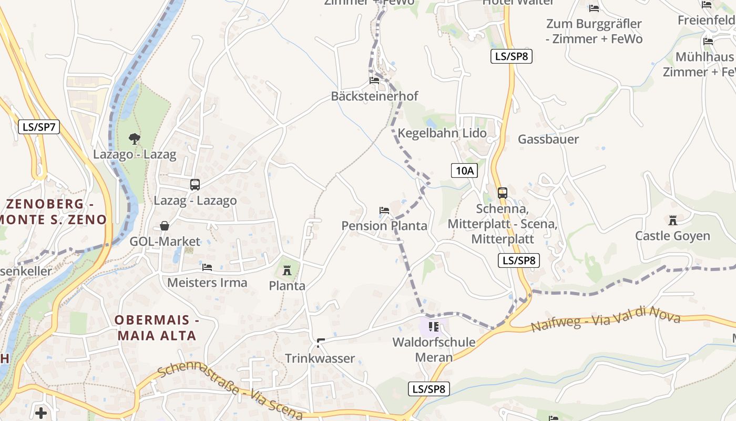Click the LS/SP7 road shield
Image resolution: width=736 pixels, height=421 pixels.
(x=39, y=127)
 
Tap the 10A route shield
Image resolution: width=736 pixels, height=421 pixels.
(x=464, y=171)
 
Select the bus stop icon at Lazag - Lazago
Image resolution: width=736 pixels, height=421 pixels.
(x=195, y=185)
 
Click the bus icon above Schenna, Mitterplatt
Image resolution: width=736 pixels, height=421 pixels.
(x=503, y=193)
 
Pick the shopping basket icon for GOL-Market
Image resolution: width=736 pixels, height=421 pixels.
(x=165, y=226)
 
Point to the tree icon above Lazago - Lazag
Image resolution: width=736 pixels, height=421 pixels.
(x=135, y=139)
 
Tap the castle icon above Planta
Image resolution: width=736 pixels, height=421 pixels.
(x=287, y=270)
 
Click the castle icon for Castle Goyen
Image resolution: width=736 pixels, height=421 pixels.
(x=672, y=220)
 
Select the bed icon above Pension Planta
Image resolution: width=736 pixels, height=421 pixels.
(x=384, y=210)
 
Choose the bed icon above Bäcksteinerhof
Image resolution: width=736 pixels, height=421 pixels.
(x=374, y=81)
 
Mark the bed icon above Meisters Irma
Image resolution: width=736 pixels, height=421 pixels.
(x=207, y=267)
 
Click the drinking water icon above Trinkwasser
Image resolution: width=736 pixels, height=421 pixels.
(x=320, y=343)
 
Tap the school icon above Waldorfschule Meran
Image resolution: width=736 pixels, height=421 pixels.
(x=434, y=327)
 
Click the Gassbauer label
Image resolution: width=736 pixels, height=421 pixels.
(x=548, y=139)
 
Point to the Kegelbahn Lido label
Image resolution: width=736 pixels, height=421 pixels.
(x=442, y=133)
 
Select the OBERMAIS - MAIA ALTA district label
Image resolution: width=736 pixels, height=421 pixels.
(x=156, y=328)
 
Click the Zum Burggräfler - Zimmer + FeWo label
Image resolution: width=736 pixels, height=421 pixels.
(x=594, y=31)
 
